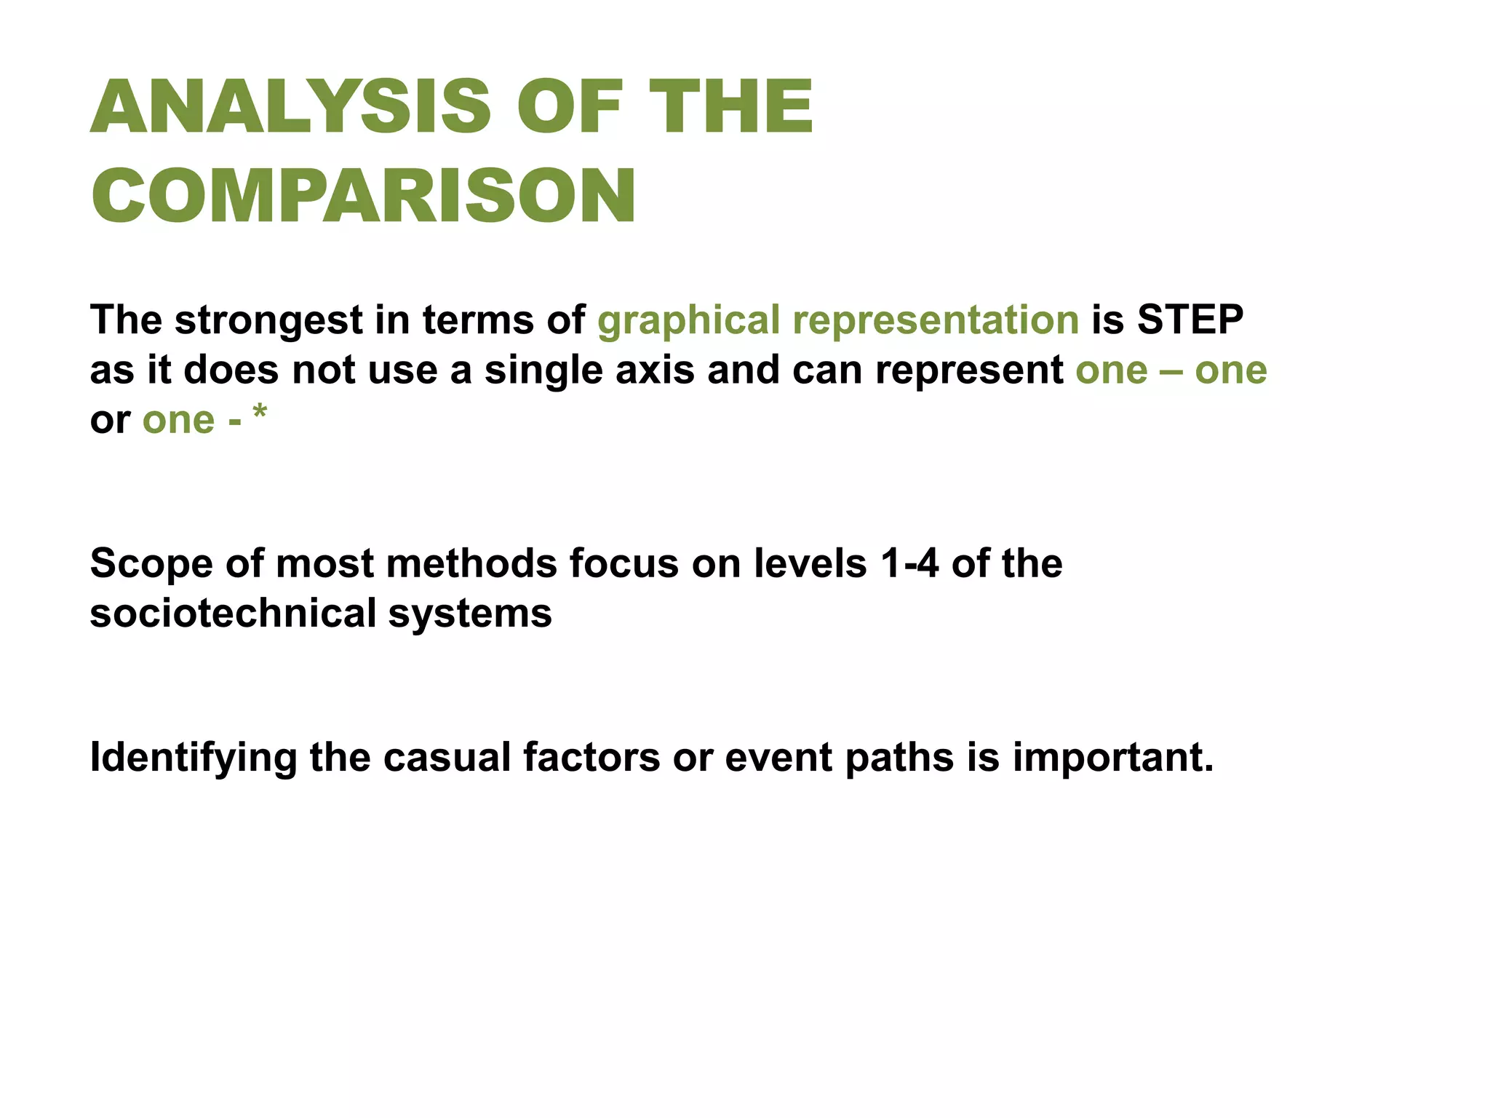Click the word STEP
tap(1190, 320)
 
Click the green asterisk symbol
tap(260, 413)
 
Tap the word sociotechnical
tap(233, 613)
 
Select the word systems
tap(470, 614)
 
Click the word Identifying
tap(193, 758)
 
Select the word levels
tap(810, 563)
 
